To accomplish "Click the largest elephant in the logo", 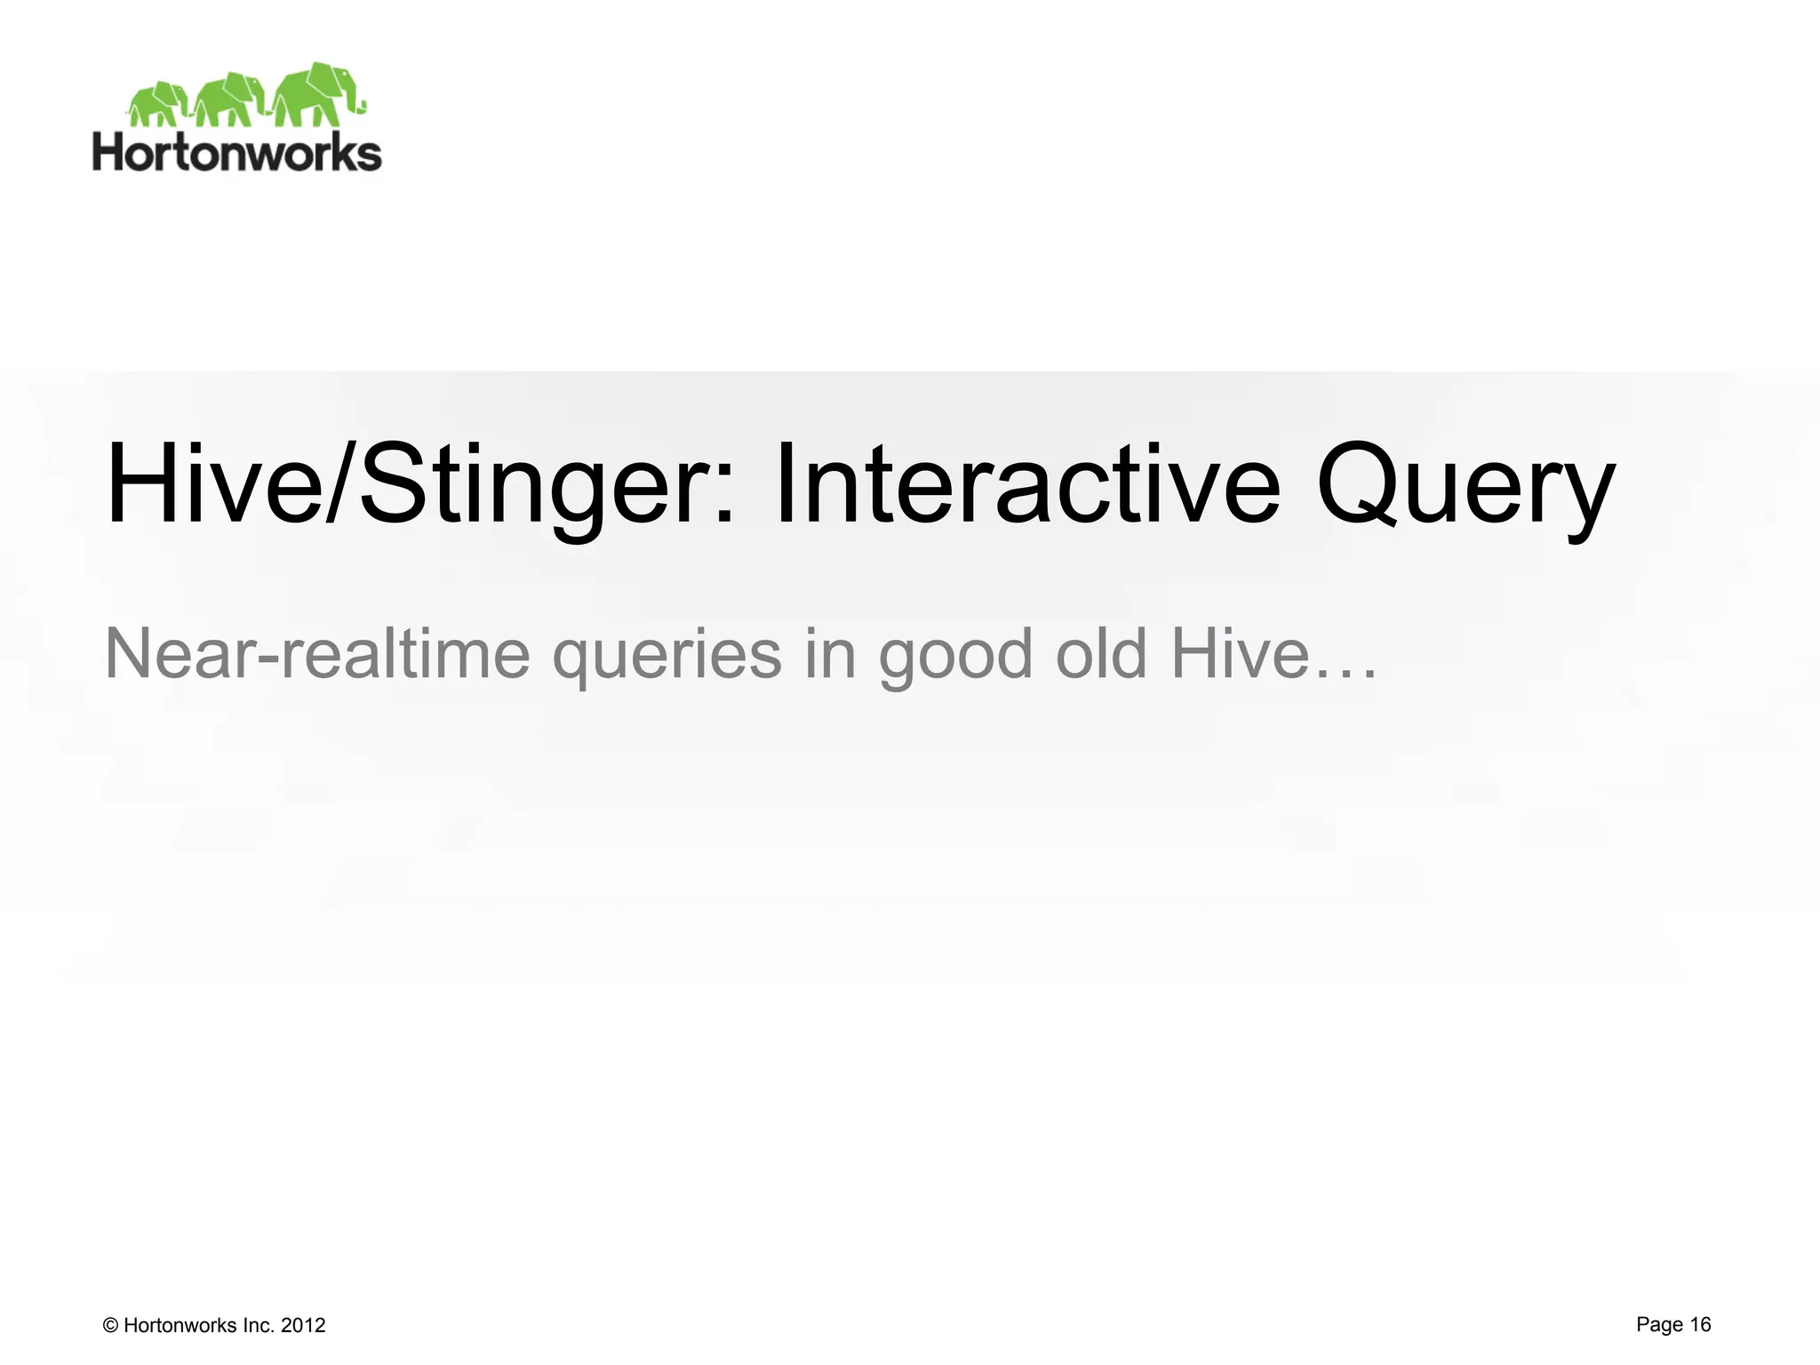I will point(315,93).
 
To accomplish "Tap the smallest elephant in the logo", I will point(160,104).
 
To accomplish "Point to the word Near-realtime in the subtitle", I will point(317,653).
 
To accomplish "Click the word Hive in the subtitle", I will point(1241,653).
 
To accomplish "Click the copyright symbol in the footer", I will point(111,1326).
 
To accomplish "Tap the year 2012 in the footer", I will point(303,1326).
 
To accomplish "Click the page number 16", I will point(1700,1324).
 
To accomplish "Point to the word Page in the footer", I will point(1659,1325).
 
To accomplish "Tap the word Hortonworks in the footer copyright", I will point(180,1326).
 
